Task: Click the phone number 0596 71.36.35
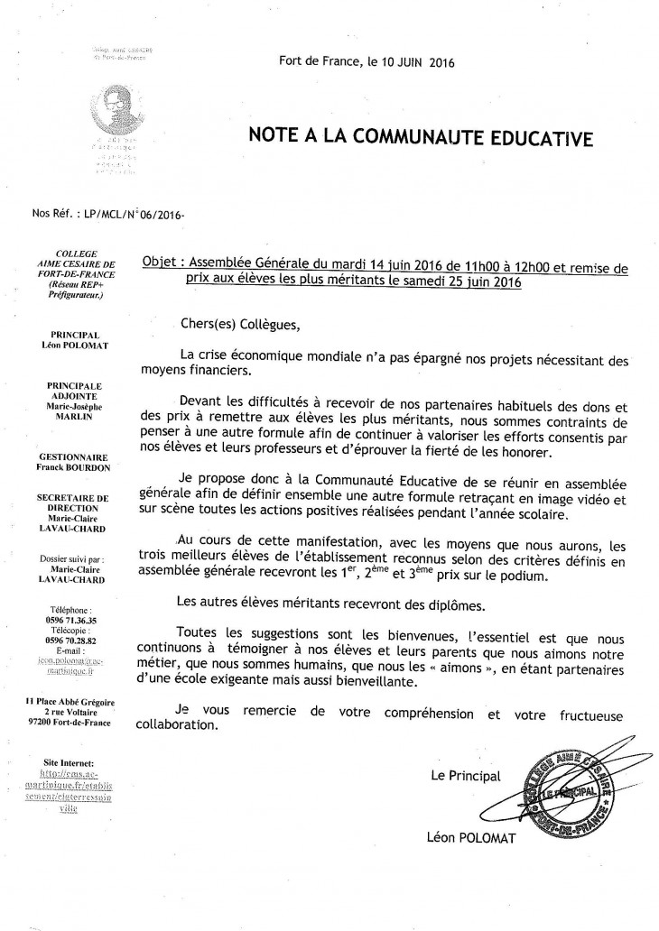77,620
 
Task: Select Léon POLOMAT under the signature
471,838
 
